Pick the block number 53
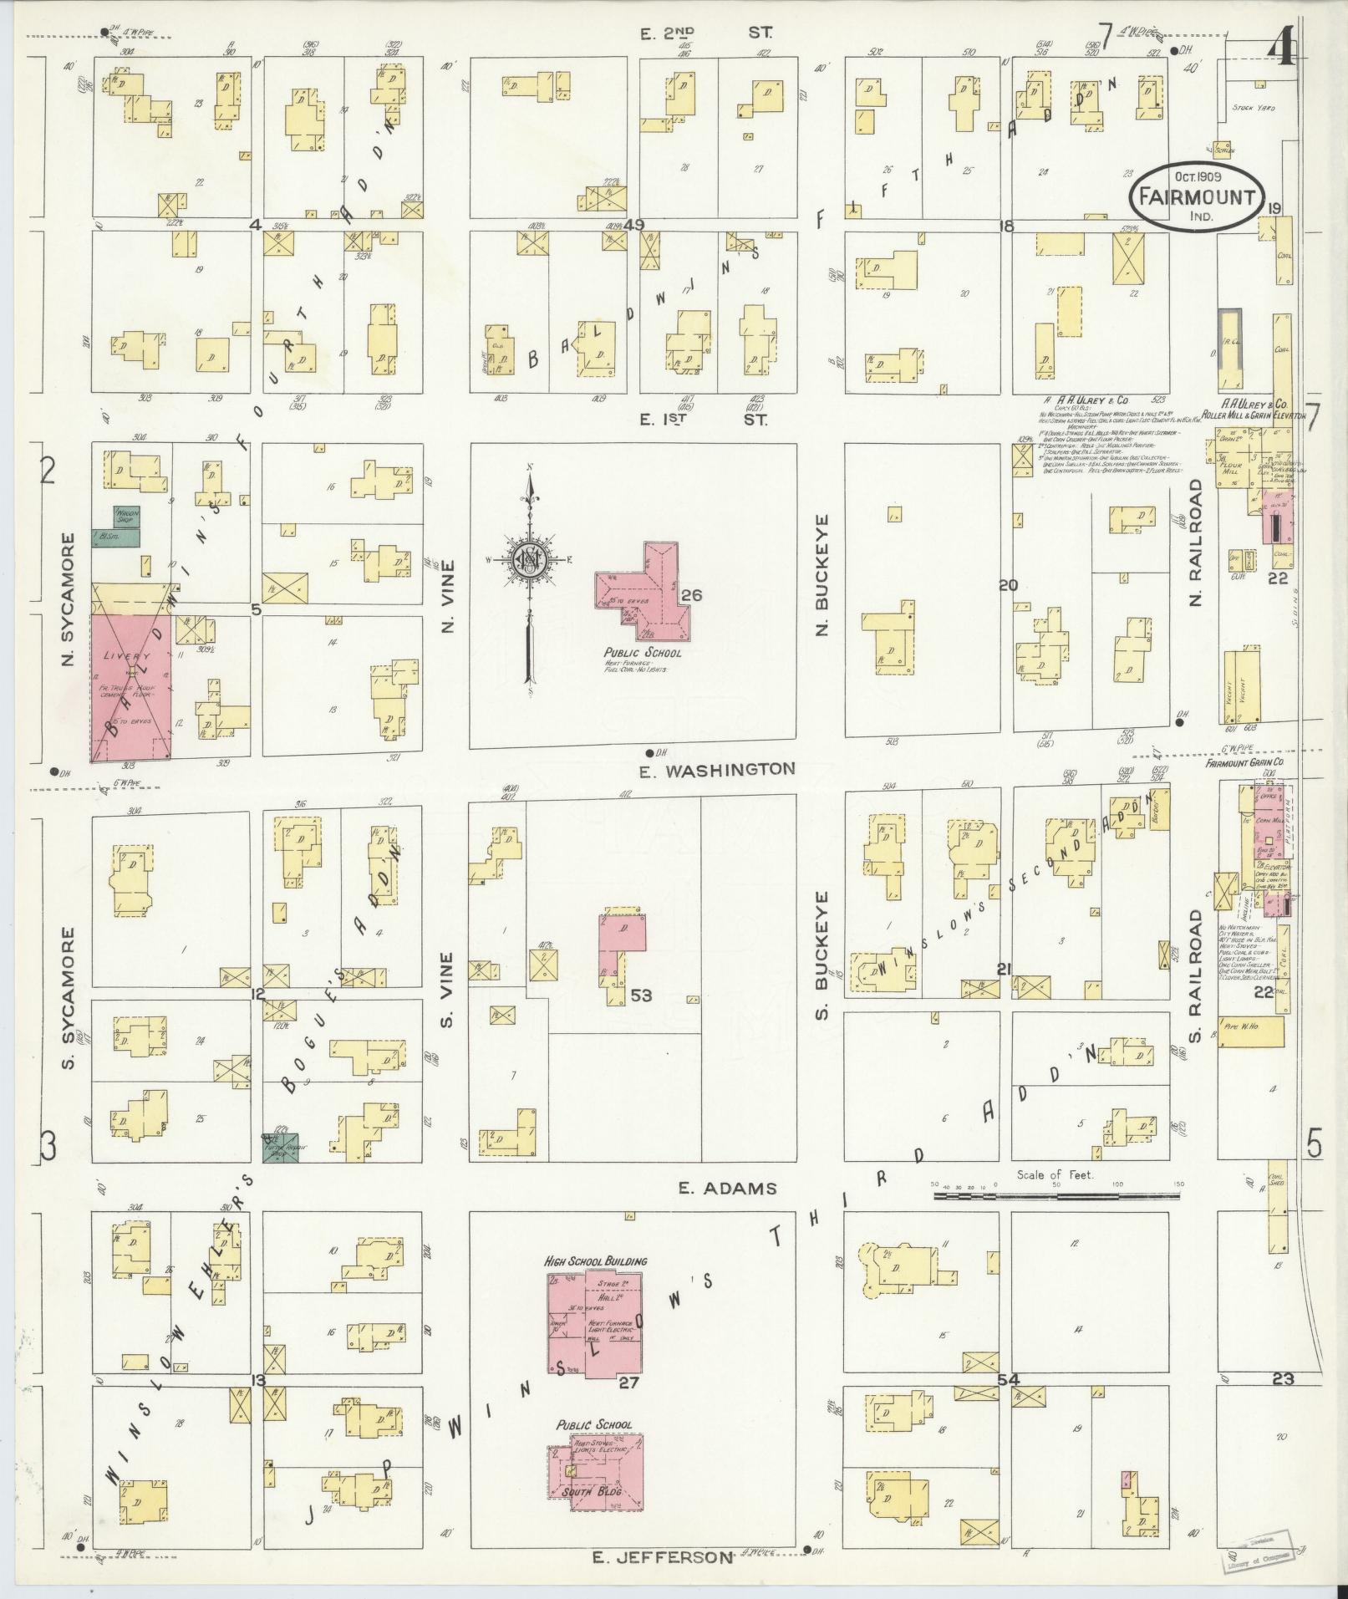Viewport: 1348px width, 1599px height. [x=642, y=996]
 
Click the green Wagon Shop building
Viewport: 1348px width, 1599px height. [x=126, y=516]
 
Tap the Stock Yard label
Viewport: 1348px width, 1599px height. [x=1254, y=108]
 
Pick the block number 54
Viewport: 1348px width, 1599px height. [x=1009, y=1380]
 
